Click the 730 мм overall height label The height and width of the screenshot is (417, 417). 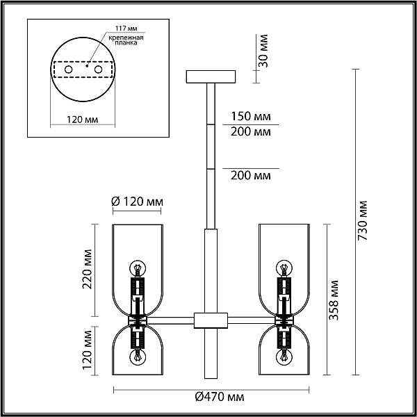(x=362, y=220)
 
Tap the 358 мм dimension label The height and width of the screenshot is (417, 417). (x=334, y=300)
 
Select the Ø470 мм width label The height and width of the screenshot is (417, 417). (x=220, y=397)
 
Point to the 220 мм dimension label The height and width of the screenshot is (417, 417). (x=87, y=269)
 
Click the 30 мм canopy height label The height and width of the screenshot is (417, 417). (x=263, y=51)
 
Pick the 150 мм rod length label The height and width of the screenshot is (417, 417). (x=250, y=116)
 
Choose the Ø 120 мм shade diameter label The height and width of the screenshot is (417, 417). (x=137, y=202)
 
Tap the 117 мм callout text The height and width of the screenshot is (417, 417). (x=126, y=28)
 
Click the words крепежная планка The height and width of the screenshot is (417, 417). (x=126, y=40)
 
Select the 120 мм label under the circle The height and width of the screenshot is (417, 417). (x=82, y=120)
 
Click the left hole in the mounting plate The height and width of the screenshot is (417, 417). (x=69, y=69)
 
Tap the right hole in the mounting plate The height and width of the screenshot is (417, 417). (x=99, y=69)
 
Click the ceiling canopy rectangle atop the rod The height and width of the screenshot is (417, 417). (x=211, y=76)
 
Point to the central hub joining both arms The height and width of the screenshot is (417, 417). (x=211, y=320)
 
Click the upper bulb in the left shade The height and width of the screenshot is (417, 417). (x=138, y=268)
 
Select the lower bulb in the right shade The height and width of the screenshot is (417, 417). (x=284, y=357)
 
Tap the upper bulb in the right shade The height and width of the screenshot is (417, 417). (x=284, y=268)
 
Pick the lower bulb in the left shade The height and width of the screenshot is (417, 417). (x=138, y=357)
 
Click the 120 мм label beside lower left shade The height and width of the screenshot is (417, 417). (x=87, y=350)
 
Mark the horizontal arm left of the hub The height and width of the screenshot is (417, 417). (x=170, y=320)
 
